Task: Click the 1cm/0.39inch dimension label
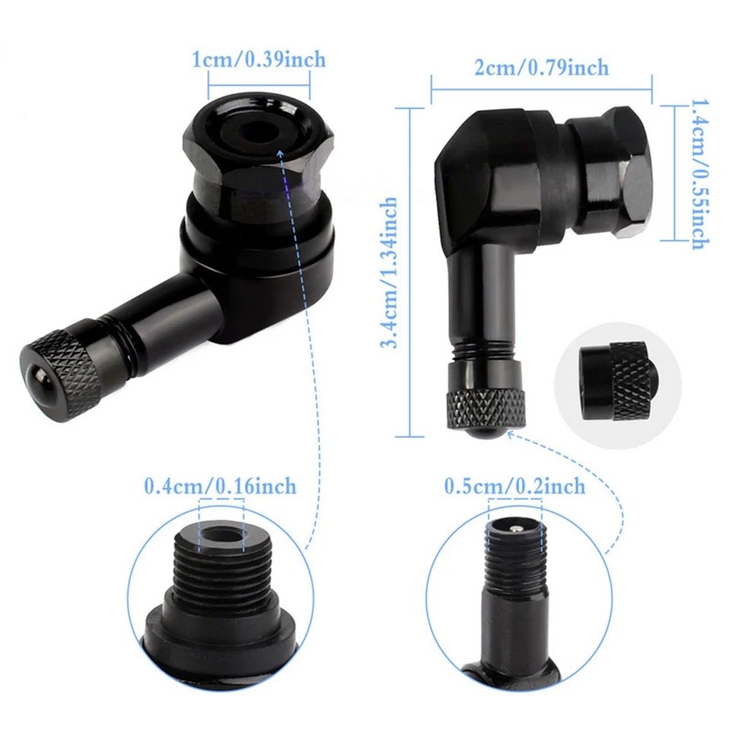pyautogui.click(x=258, y=59)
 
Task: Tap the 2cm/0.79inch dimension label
pyautogui.click(x=541, y=68)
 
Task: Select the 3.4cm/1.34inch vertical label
pyautogui.click(x=389, y=272)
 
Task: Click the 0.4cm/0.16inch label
pyautogui.click(x=220, y=485)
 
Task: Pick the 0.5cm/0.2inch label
pyautogui.click(x=515, y=485)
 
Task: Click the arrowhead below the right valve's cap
pyautogui.click(x=509, y=433)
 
